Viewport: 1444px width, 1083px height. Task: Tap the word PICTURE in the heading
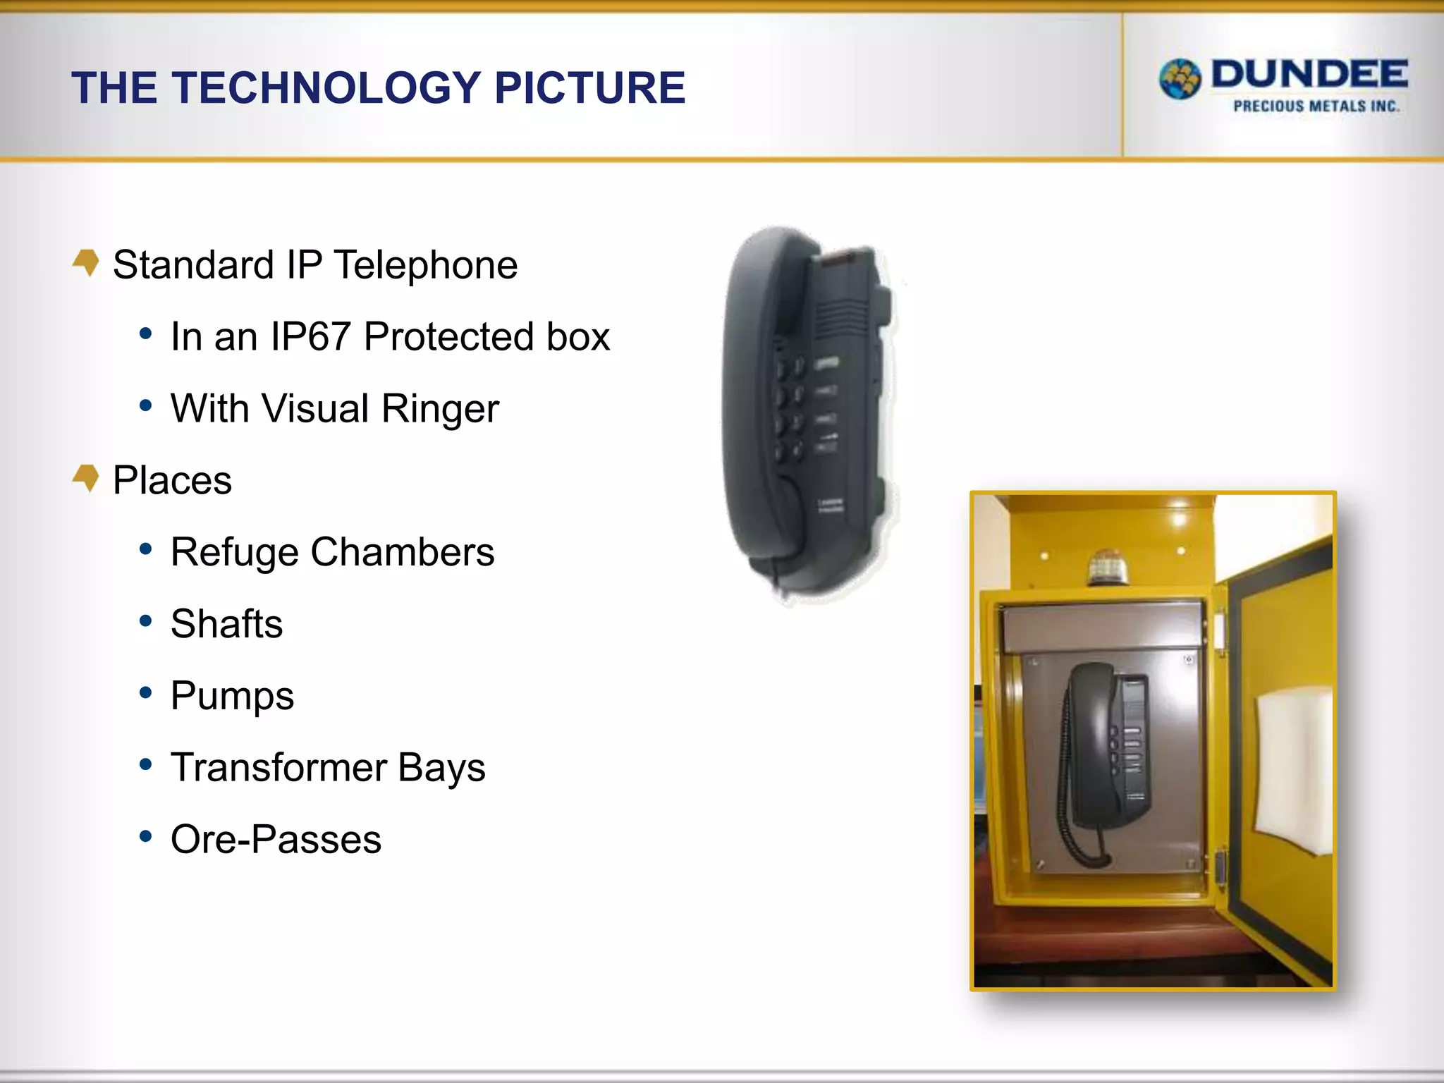[x=589, y=88]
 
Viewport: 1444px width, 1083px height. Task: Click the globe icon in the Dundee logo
[x=1180, y=79]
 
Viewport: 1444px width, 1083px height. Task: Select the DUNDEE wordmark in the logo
[x=1309, y=75]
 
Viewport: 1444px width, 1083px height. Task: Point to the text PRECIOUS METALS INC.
[x=1316, y=106]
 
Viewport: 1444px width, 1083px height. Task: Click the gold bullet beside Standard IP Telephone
[x=86, y=262]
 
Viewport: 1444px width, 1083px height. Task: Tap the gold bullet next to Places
[x=86, y=478]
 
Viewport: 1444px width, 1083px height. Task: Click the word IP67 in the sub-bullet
[x=310, y=336]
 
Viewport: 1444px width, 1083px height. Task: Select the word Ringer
[x=440, y=408]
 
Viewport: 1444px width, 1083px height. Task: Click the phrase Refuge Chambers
[x=332, y=552]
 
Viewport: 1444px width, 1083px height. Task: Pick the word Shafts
[x=226, y=624]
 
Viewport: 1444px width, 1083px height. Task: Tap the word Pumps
[x=232, y=696]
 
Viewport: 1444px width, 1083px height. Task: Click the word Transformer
[x=279, y=768]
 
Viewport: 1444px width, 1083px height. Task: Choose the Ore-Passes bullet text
[x=276, y=840]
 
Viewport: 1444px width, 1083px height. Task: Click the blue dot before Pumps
[x=146, y=693]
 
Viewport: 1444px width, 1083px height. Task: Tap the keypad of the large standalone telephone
[x=790, y=409]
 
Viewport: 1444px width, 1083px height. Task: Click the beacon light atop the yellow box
[x=1108, y=568]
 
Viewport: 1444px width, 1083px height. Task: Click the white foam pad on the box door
[x=1294, y=769]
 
